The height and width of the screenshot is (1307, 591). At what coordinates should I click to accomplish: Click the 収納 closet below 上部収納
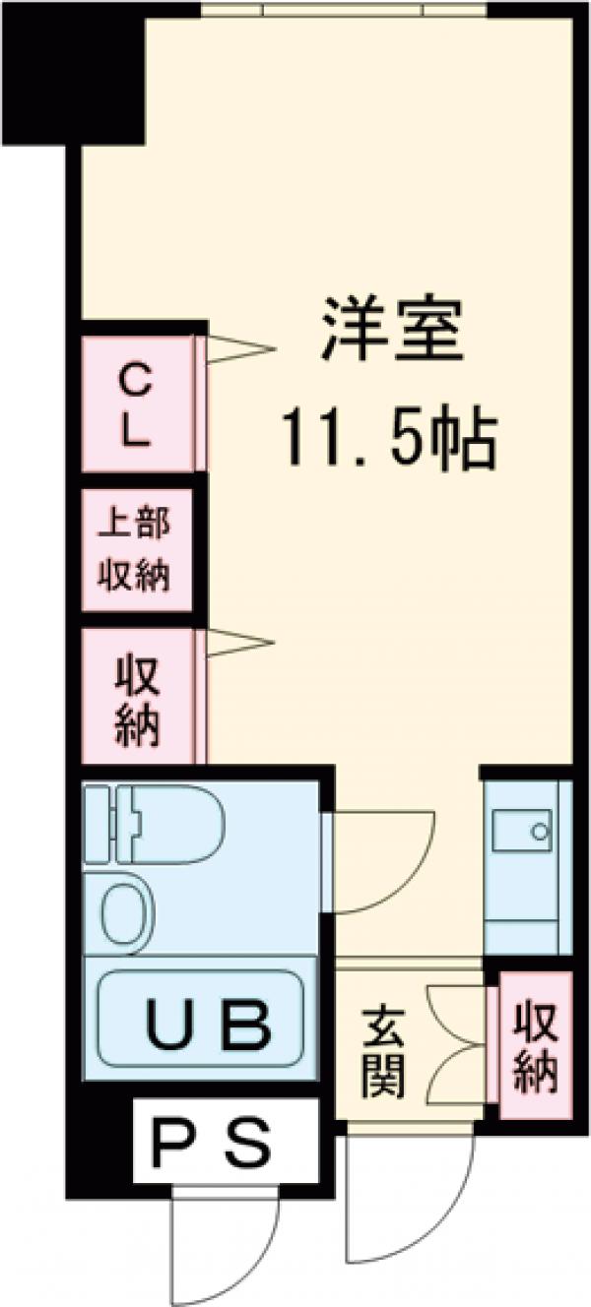139,698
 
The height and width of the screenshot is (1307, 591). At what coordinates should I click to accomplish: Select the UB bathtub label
208,1024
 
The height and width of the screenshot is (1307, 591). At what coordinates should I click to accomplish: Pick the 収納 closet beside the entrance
535,1045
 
